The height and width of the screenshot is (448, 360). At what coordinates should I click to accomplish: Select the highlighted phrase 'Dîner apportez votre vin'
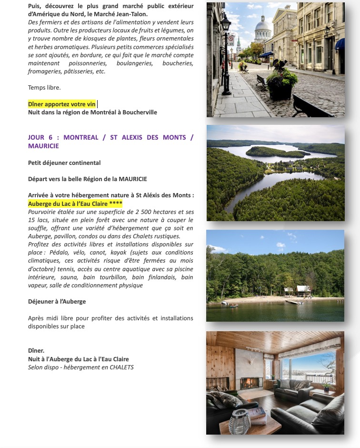point(62,104)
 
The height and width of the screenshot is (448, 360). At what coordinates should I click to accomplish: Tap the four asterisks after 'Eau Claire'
point(116,203)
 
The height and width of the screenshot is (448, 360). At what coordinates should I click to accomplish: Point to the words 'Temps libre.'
point(44,88)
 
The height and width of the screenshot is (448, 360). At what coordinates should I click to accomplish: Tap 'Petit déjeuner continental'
point(64,163)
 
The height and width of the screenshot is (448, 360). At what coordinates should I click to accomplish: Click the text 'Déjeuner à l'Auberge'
point(57,302)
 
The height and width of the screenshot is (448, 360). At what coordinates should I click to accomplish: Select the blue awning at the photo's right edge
point(340,45)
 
